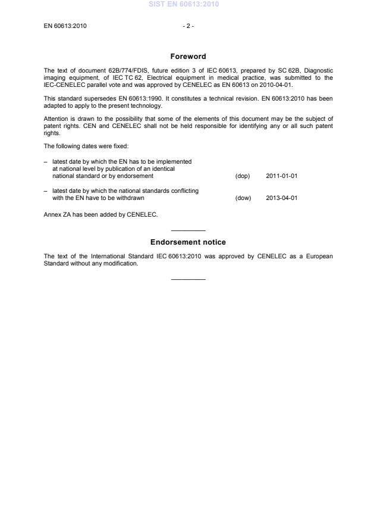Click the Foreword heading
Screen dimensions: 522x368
pyautogui.click(x=188, y=57)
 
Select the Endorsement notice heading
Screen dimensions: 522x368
pyautogui.click(x=188, y=242)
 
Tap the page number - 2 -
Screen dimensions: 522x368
pyautogui.click(x=188, y=26)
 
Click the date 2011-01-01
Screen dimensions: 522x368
pyautogui.click(x=282, y=176)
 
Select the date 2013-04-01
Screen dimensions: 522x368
pyautogui.click(x=282, y=198)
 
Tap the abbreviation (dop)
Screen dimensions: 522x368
pyautogui.click(x=243, y=176)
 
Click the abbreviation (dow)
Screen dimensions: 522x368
pyautogui.click(x=243, y=198)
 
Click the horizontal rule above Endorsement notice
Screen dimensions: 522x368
pyautogui.click(x=188, y=230)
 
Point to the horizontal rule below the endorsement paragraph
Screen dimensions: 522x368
pyautogui.click(x=188, y=279)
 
